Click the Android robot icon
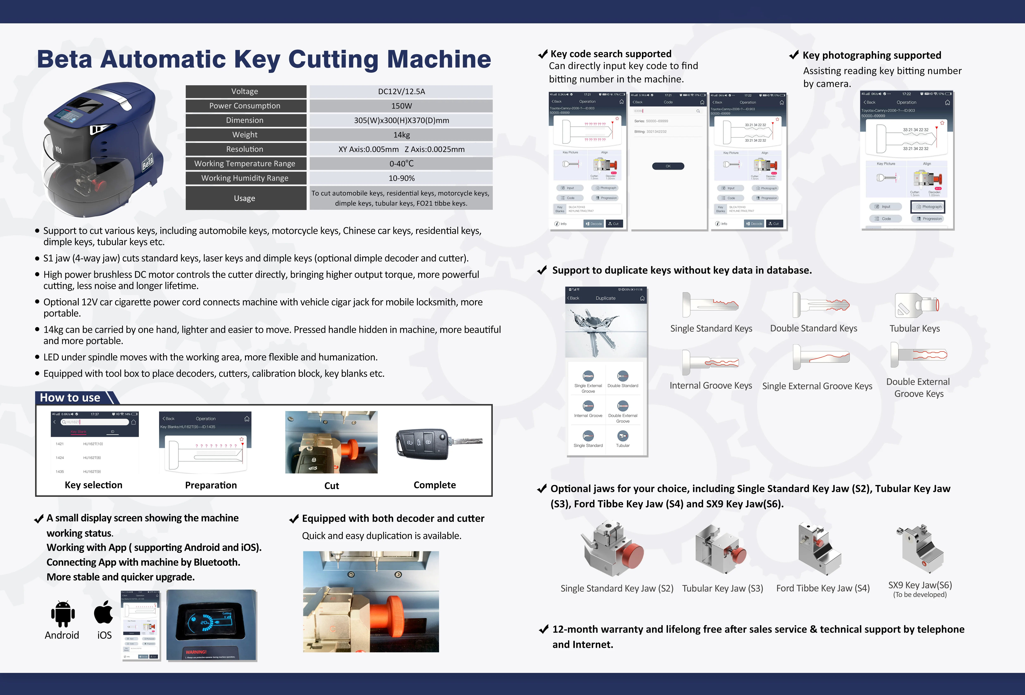63,613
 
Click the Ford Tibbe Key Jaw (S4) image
819,549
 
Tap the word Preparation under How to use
211,485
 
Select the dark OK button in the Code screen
668,166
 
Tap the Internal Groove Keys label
711,386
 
